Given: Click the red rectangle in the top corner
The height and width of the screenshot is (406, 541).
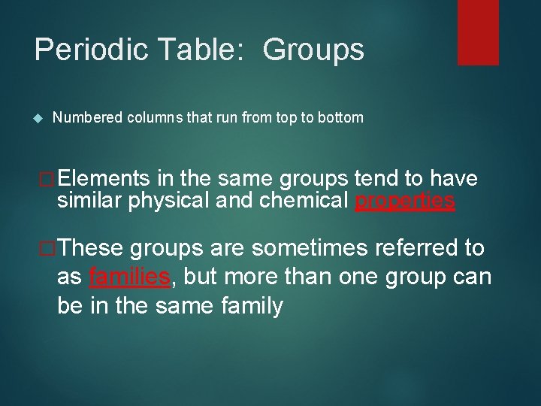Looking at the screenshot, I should click(478, 32).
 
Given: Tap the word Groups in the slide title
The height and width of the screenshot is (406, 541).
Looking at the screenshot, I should click(314, 50).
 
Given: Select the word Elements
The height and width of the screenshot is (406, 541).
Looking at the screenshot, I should click(104, 178).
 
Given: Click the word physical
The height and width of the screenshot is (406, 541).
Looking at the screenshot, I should click(160, 201).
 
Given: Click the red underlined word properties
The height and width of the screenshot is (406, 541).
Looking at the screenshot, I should click(404, 201).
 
